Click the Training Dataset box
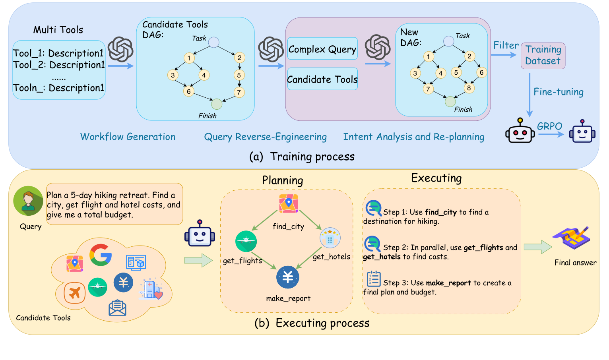click(543, 56)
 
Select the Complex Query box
click(322, 49)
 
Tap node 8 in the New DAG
click(469, 88)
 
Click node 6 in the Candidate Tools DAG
click(189, 91)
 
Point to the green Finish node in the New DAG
click(450, 102)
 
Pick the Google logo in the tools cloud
click(100, 255)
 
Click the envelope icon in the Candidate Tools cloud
click(117, 308)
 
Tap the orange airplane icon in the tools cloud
click(75, 293)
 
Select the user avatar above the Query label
click(28, 201)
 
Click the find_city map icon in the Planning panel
click(289, 203)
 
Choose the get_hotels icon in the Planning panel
click(330, 238)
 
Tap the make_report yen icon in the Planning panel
click(288, 277)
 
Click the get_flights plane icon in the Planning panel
click(246, 241)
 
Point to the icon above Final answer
click(571, 238)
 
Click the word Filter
click(506, 45)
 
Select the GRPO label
click(549, 126)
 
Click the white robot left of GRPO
click(520, 131)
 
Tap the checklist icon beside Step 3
click(374, 279)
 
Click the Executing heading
click(436, 178)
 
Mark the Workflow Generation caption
click(128, 137)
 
